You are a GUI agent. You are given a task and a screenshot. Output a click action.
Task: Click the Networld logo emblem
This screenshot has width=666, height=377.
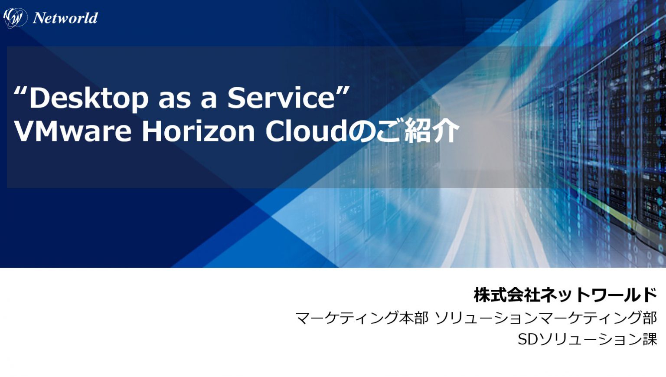pos(15,18)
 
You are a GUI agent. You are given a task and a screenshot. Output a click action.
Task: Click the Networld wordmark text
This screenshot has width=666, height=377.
pos(65,18)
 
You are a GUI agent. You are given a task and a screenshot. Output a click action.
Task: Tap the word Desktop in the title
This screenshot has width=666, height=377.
pos(89,98)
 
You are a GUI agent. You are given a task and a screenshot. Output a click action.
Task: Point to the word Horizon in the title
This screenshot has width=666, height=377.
pos(198,131)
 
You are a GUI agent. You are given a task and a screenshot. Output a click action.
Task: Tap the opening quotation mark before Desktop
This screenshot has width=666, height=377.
pos(21,92)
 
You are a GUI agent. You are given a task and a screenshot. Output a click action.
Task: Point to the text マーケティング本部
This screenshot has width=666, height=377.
pos(362,318)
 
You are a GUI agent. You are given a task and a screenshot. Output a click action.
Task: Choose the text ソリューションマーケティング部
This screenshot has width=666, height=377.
pos(545,318)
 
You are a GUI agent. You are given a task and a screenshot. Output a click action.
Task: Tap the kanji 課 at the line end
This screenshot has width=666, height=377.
pos(650,339)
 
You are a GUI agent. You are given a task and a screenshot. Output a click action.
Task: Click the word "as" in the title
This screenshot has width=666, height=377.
pos(174,98)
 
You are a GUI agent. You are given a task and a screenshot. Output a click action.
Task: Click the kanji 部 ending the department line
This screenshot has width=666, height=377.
pos(650,318)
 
